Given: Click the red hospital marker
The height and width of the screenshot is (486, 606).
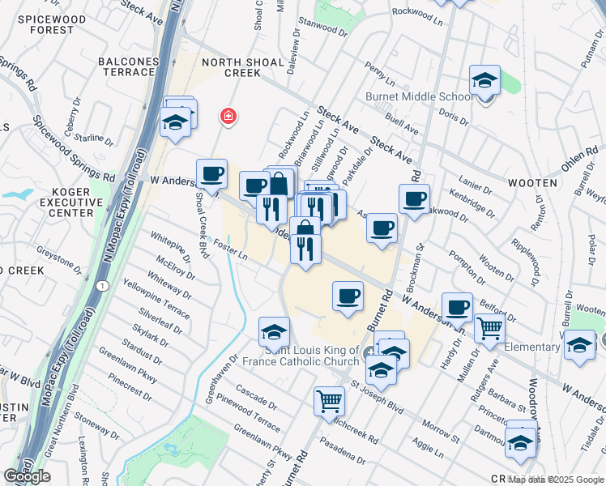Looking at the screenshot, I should (228, 117).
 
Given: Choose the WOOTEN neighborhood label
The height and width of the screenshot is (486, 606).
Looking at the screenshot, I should (532, 183).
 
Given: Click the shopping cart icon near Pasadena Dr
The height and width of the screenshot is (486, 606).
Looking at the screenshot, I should (329, 400).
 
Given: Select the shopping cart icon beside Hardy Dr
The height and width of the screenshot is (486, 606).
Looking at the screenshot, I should (489, 329).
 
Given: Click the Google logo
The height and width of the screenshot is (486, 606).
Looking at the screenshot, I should (27, 476).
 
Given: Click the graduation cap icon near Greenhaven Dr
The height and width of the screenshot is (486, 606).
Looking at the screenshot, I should (274, 332).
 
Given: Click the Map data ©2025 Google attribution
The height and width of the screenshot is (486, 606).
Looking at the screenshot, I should (556, 480).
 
